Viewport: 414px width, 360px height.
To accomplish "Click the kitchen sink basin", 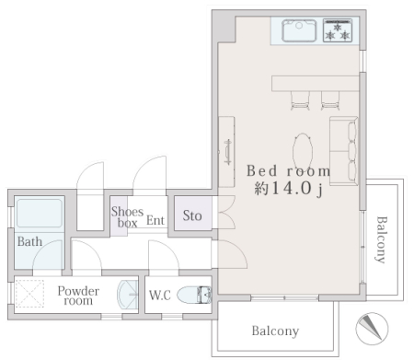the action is tap(299, 30).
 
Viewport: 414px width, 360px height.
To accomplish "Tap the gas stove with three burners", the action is tap(338, 30).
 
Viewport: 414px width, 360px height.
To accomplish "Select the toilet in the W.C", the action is tap(194, 295).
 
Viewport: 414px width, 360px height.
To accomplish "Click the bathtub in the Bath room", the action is tap(39, 214).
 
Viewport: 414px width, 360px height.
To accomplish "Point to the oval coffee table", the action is tap(303, 151).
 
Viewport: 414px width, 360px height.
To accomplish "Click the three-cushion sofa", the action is tap(344, 151).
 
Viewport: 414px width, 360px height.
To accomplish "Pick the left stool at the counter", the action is tap(300, 100).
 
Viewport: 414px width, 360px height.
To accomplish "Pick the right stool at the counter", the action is tap(330, 100).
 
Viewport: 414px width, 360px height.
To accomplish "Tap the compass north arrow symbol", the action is tap(372, 329).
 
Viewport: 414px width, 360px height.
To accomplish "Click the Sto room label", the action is tap(192, 215).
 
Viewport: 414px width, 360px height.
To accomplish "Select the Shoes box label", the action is tap(127, 217).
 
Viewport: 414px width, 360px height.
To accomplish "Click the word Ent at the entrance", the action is tap(155, 220).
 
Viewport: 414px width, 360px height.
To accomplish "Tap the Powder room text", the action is tap(78, 296).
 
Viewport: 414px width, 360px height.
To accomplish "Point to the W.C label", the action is tap(160, 295).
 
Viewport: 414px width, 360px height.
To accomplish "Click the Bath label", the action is tap(29, 241).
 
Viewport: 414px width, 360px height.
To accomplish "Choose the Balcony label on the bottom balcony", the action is tap(275, 331).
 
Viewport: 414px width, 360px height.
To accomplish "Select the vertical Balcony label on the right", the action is tap(382, 239).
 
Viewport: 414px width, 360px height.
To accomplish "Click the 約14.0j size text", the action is tap(288, 189).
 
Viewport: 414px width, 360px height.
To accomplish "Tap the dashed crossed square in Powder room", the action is tap(29, 294).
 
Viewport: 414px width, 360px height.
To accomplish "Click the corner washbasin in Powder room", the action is tap(128, 295).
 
